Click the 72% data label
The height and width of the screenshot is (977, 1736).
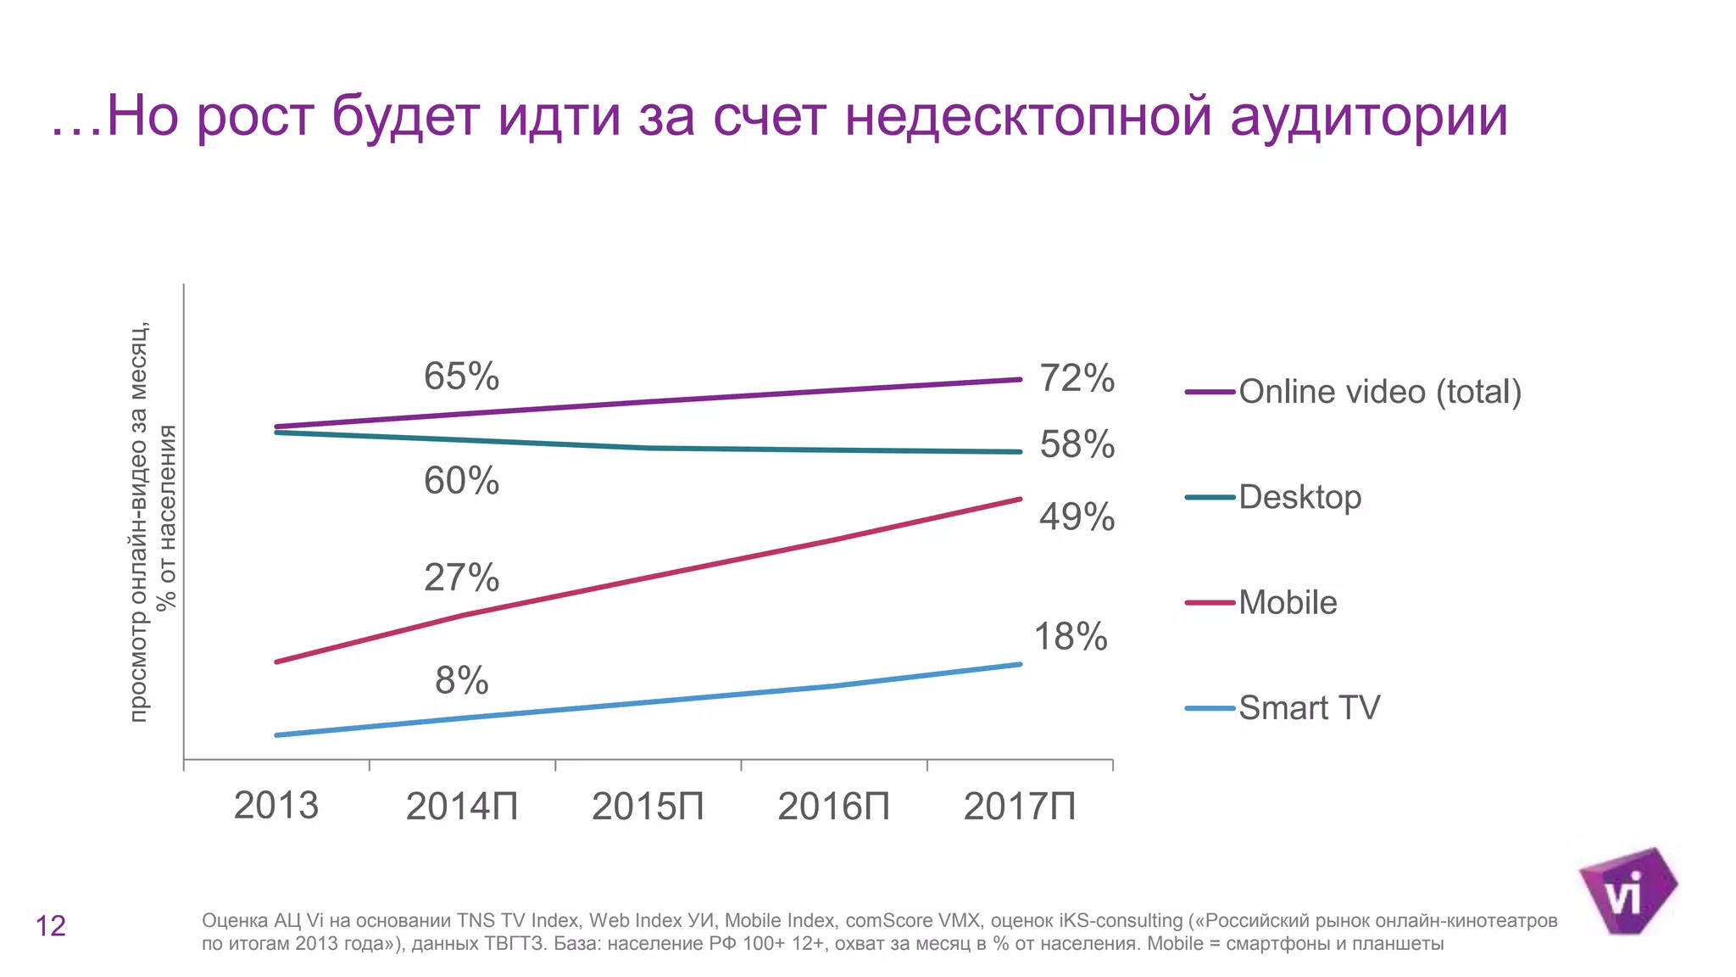click(x=1077, y=378)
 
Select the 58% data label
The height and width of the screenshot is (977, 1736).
click(x=1077, y=444)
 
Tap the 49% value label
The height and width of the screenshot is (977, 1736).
click(x=1077, y=517)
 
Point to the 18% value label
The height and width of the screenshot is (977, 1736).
click(x=1070, y=637)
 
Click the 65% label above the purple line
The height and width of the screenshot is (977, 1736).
click(x=461, y=377)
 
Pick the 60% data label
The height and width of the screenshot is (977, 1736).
click(x=461, y=481)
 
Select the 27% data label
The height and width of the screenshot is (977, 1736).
click(x=461, y=578)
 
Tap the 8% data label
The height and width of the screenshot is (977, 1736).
click(x=461, y=680)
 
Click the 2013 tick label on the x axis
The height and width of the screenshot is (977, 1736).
click(x=275, y=806)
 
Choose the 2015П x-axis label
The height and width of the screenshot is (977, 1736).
click(x=648, y=807)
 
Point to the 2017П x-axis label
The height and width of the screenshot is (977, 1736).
click(x=1019, y=807)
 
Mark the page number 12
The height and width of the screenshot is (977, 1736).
click(x=50, y=926)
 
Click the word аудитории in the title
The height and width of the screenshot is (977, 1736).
click(x=1368, y=116)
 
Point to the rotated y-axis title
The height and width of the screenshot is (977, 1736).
click(x=153, y=522)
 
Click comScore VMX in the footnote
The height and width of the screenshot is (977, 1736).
click(x=912, y=921)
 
